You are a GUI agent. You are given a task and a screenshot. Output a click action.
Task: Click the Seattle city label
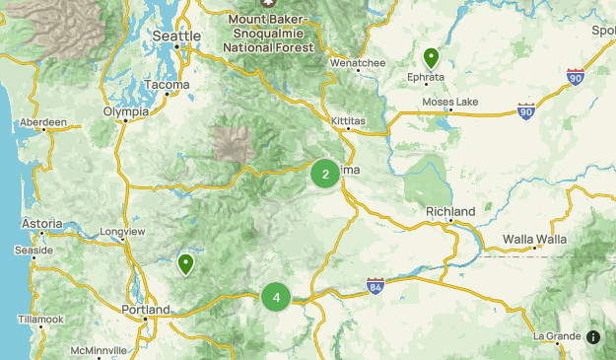coord(176,36)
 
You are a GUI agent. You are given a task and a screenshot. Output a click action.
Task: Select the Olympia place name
coord(126,111)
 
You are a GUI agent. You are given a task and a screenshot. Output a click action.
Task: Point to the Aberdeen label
coord(42,123)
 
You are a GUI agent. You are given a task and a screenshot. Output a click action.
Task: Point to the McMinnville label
coord(99,350)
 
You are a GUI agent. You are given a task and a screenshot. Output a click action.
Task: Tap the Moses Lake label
coord(449,102)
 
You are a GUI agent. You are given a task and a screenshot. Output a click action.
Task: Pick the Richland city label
coord(450,212)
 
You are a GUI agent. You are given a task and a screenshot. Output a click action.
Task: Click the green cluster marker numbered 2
coord(325,175)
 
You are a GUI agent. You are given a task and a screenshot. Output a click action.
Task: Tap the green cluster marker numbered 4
coord(276,297)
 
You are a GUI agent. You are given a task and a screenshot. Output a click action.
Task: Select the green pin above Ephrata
coord(431,57)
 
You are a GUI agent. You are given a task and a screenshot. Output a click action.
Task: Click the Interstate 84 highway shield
coord(376,286)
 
